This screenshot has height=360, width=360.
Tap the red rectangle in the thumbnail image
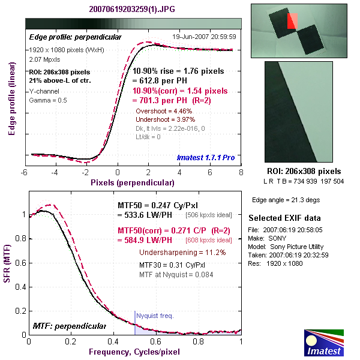tap(292, 21)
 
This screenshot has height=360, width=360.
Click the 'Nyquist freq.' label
tap(155, 315)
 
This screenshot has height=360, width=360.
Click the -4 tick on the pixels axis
tap(55, 172)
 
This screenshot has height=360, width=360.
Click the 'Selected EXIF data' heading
tap(284, 217)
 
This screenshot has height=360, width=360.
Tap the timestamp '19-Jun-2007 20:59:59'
tap(205, 37)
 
